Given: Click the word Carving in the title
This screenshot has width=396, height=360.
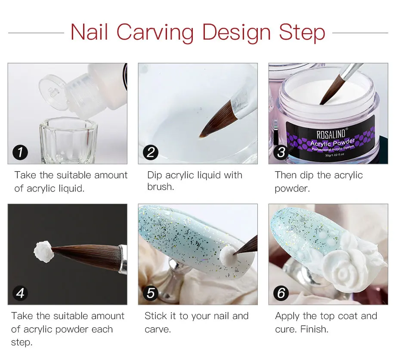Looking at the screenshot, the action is tap(155, 33).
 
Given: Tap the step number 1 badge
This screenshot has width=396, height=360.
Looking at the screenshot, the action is tap(20, 152).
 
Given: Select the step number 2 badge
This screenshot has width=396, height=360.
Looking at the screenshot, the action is tap(151, 152).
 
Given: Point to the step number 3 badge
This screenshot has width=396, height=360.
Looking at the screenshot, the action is tap(281, 152).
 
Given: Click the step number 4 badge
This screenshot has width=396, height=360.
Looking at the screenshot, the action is tap(20, 293).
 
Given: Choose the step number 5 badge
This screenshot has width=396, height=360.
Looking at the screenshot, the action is tap(151, 293).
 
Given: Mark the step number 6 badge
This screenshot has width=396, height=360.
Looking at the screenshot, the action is tap(281, 293).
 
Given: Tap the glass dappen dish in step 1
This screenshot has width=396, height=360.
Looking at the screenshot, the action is tap(68, 140).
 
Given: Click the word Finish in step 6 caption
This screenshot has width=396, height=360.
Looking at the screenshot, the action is tap(314, 329).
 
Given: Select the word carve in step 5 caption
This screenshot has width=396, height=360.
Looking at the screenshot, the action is tap(158, 330).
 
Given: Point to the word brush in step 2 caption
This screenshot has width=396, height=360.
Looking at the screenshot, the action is tap(161, 187).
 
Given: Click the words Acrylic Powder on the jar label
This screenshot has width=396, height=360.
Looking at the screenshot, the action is tap(332, 143).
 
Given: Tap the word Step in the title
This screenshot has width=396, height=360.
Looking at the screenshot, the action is tap(302, 33).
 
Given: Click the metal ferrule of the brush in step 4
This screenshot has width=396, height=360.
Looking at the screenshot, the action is tap(123, 259).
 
